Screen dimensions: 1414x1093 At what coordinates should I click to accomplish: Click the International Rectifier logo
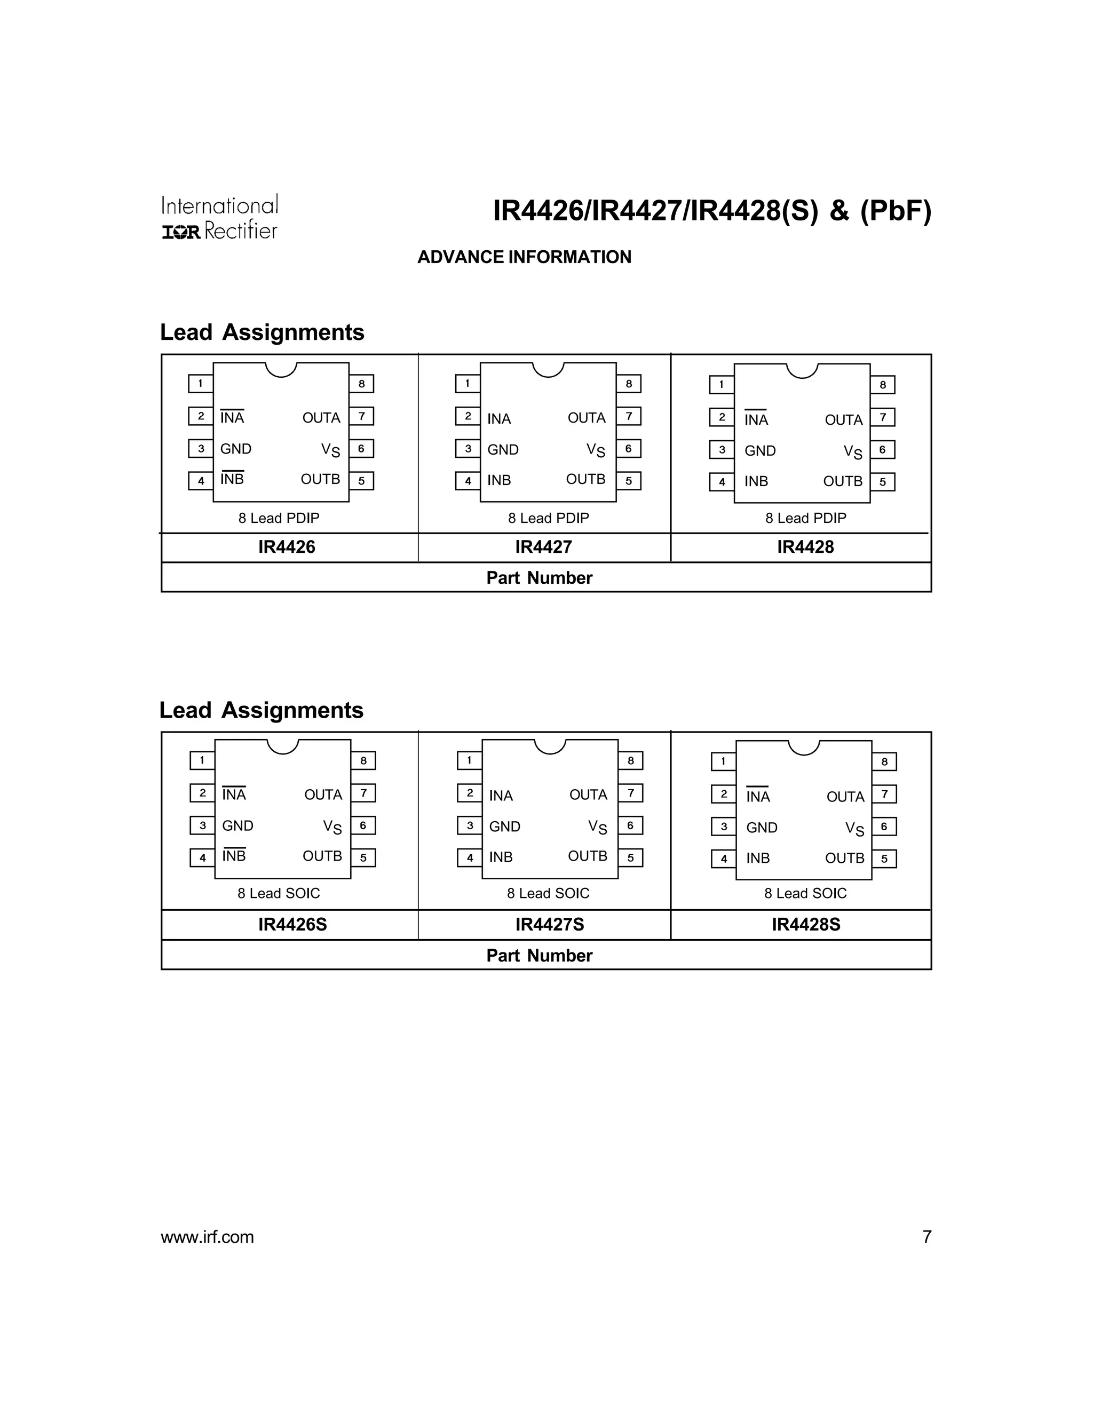pos(219,218)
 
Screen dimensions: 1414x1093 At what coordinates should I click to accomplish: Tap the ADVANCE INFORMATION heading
pos(524,257)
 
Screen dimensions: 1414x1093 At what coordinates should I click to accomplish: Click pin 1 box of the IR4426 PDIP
pos(201,383)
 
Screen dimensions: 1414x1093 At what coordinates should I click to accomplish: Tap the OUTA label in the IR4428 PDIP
pos(843,419)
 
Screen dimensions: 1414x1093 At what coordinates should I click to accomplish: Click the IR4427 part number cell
pos(543,547)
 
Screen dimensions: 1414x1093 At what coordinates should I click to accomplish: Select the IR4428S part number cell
pos(805,925)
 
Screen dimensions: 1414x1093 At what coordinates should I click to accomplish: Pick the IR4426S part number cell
pos(292,925)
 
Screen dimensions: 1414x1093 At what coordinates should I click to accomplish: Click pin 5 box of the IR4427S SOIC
pos(630,858)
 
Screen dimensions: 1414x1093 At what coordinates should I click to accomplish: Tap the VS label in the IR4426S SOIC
pos(332,827)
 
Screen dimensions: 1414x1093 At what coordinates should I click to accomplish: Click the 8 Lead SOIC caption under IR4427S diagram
pos(548,893)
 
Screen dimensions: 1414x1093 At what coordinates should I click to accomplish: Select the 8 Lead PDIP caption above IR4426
pos(279,518)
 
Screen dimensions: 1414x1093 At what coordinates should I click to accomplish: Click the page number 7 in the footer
pos(926,1237)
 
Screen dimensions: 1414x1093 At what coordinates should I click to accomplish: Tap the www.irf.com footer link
pos(207,1237)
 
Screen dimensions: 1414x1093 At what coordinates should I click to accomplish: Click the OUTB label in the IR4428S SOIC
pos(844,858)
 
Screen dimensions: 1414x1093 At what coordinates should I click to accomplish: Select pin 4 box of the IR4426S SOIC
pos(203,858)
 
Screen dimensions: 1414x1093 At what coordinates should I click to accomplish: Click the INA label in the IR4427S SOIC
pos(501,796)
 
